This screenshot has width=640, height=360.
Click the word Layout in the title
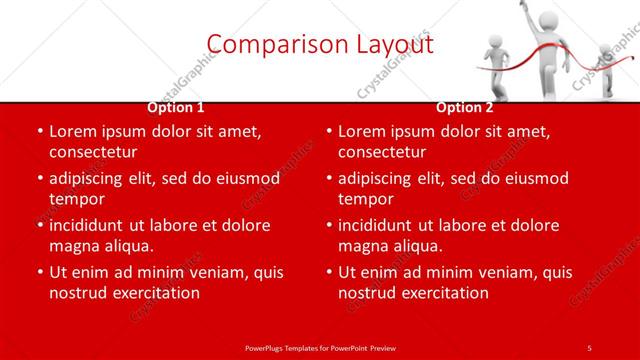coord(390,44)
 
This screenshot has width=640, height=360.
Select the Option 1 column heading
coord(176,107)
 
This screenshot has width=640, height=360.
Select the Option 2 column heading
coord(464,107)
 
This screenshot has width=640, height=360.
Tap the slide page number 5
coord(589,347)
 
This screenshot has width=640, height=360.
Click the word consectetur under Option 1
coord(93,153)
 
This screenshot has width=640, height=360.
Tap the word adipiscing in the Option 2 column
coord(379,178)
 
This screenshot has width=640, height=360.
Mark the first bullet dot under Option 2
coord(327,132)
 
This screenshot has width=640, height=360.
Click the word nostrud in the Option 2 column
coord(365,293)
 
